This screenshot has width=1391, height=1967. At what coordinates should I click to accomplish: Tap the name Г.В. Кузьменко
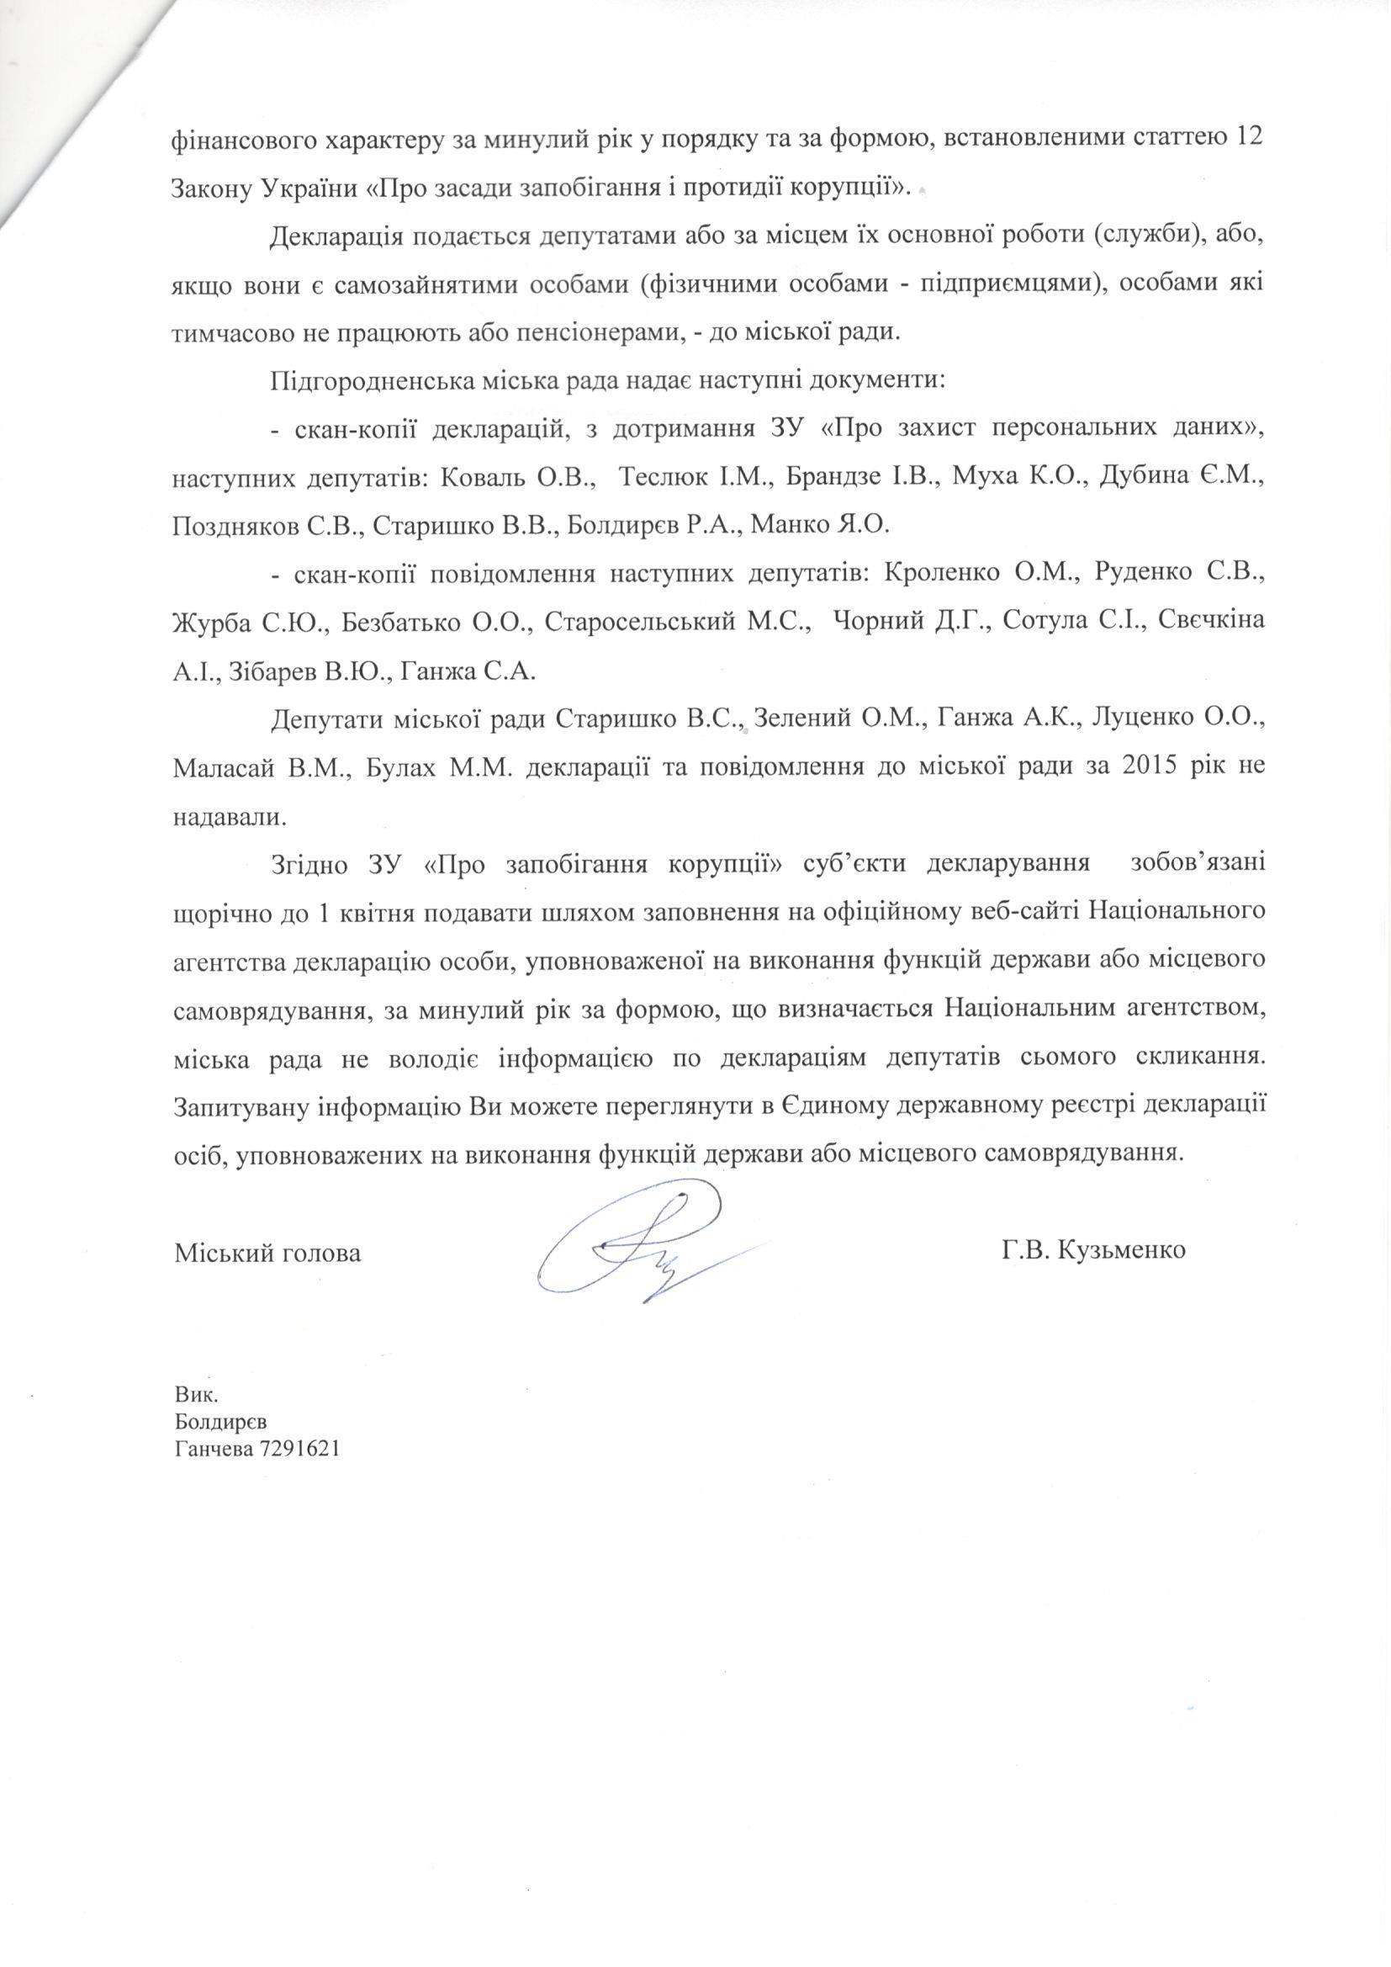coord(1092,1251)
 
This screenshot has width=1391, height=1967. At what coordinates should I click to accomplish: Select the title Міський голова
coord(267,1254)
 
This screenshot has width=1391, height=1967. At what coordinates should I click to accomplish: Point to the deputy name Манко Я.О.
coord(820,524)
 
